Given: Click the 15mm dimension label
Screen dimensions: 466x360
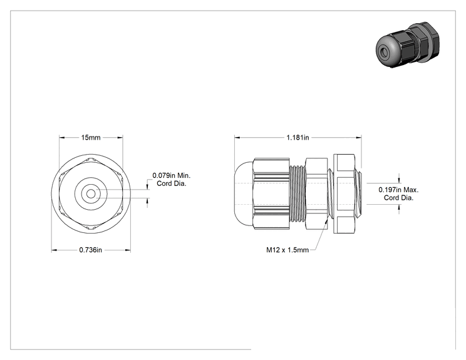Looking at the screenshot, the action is coord(91,138).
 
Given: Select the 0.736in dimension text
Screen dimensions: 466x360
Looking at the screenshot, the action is coord(91,250).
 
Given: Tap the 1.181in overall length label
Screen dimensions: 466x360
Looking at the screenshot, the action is coord(298,138).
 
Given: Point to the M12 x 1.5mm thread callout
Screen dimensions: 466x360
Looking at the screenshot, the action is coord(287,250).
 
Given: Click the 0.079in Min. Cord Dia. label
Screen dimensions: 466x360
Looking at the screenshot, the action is coord(172,180).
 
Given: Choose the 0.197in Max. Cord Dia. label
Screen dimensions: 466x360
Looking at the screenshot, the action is coord(398,193).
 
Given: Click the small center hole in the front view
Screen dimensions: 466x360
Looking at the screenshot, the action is coord(91,194).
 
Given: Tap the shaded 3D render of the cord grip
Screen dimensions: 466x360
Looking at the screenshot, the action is coord(408,44).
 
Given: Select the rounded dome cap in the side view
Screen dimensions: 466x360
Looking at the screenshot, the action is coord(244,194).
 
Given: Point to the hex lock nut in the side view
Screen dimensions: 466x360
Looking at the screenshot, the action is coord(344,193).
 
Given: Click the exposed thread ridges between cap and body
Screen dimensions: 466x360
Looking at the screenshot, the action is coord(297,194).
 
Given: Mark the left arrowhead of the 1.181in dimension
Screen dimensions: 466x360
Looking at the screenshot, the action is coord(237,138).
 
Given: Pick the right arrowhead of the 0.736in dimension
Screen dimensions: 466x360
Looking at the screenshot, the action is coord(128,250).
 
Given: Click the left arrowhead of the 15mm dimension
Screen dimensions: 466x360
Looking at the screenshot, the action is coord(62,138).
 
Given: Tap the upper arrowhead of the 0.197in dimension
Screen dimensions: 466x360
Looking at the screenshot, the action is coord(399,180).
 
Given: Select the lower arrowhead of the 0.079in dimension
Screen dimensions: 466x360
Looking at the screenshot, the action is coord(147,201).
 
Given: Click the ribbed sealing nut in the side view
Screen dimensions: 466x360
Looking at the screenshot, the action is coord(271,193).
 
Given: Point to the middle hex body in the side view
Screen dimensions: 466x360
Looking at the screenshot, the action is coord(316,193).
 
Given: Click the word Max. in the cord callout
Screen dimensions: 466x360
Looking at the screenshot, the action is coord(411,190).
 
